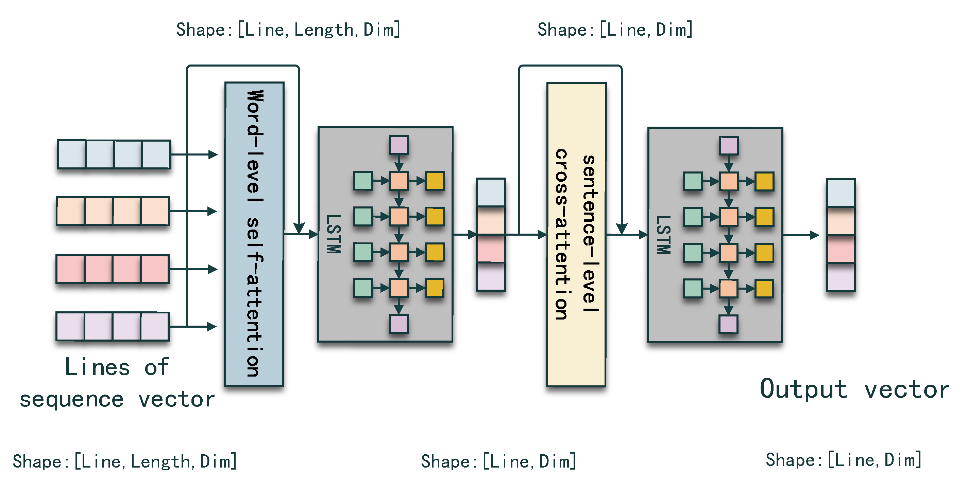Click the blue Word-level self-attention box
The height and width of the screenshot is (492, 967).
coord(254,234)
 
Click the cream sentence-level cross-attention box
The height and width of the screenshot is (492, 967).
coord(576,235)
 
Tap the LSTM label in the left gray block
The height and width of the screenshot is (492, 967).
coord(333,234)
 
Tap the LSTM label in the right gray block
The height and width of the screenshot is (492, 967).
coord(663,235)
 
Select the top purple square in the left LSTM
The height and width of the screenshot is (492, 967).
coord(398,145)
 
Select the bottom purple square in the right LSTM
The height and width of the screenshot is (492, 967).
coord(728,324)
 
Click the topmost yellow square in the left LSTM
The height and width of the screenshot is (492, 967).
coord(435,181)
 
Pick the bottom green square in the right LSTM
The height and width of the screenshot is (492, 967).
coord(693,288)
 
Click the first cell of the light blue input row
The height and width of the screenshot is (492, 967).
coord(72,154)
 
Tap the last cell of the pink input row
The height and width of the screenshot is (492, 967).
coord(155,269)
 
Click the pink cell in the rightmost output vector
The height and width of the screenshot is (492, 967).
coord(841,249)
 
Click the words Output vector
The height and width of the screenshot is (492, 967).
coord(854,389)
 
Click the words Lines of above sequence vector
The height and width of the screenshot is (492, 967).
coord(116,367)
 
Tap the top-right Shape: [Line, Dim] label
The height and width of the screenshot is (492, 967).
coord(615,29)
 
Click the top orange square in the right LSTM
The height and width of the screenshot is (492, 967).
coord(728,181)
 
